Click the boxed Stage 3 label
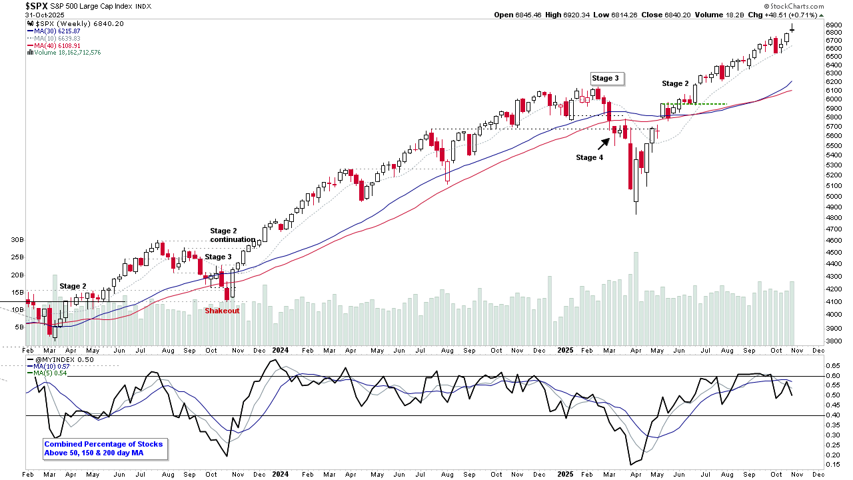pyautogui.click(x=605, y=78)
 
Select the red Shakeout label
pyautogui.click(x=222, y=311)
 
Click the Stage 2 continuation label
pyautogui.click(x=233, y=235)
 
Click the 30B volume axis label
pyautogui.click(x=17, y=239)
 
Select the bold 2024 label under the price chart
pyautogui.click(x=281, y=350)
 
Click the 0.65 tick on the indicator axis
pyautogui.click(x=833, y=366)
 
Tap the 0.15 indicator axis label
pyautogui.click(x=833, y=465)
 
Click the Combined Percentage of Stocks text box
pyautogui.click(x=103, y=449)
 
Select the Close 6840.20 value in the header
pyautogui.click(x=667, y=15)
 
